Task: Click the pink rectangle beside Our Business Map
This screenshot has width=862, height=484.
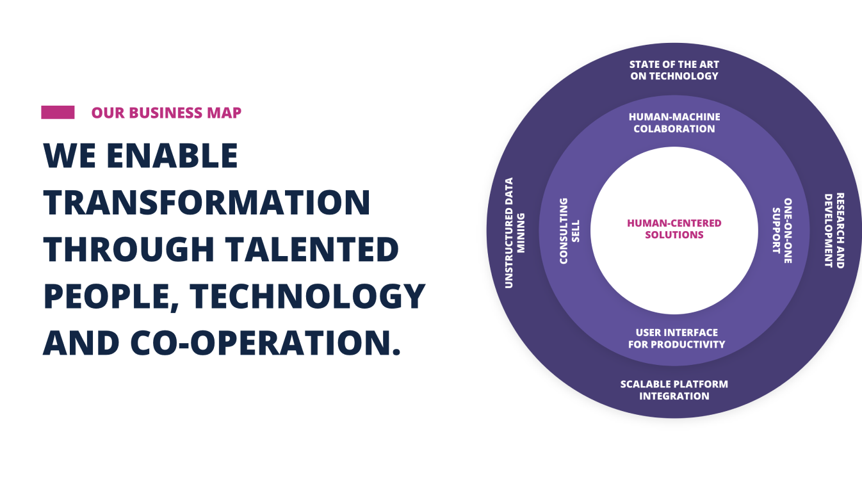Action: pyautogui.click(x=58, y=112)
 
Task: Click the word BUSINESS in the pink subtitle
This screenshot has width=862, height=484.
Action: pyautogui.click(x=166, y=113)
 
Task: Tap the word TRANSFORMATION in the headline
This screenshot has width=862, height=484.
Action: pyautogui.click(x=207, y=202)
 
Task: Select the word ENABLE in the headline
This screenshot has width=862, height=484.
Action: pyautogui.click(x=172, y=156)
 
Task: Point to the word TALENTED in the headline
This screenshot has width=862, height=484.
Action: pyautogui.click(x=312, y=249)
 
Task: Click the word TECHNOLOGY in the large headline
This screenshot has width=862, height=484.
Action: pyautogui.click(x=308, y=296)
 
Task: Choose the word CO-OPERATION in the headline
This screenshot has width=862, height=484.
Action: pyautogui.click(x=266, y=343)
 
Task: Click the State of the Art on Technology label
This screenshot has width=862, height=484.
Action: pyautogui.click(x=674, y=70)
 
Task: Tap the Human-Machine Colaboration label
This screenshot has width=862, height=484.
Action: pyautogui.click(x=674, y=123)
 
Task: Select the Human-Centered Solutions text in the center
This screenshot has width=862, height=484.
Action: pyautogui.click(x=674, y=229)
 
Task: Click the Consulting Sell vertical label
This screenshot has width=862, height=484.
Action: pyautogui.click(x=569, y=231)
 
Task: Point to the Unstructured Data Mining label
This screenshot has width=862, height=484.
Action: pyautogui.click(x=514, y=233)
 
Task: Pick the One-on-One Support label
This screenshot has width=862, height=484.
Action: pyautogui.click(x=783, y=231)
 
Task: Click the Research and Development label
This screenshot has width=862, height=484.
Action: pyautogui.click(x=834, y=230)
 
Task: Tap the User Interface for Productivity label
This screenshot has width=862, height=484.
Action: pyautogui.click(x=676, y=339)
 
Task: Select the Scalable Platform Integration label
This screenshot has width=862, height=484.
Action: pyautogui.click(x=674, y=390)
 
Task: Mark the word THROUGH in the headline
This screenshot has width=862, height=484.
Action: pyautogui.click(x=129, y=249)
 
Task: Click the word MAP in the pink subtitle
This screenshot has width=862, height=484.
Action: pyautogui.click(x=224, y=113)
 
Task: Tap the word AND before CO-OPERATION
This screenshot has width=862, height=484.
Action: pyautogui.click(x=81, y=343)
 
